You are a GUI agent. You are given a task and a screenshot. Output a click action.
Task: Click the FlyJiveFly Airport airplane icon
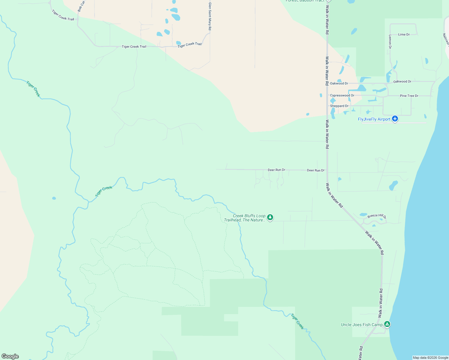[x=395, y=119]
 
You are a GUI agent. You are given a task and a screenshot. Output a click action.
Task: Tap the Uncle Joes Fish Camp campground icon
[x=387, y=324]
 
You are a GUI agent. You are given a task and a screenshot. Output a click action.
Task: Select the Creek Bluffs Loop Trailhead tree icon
[x=270, y=217]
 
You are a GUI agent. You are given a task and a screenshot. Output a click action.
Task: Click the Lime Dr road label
[x=404, y=34]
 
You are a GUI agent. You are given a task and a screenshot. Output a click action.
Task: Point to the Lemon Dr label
[x=390, y=41]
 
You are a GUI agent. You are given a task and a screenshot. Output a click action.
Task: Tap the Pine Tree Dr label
[x=409, y=96]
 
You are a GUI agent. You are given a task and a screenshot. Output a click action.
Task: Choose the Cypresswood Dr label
[x=342, y=95]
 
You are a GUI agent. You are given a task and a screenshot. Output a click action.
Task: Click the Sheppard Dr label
[x=339, y=106]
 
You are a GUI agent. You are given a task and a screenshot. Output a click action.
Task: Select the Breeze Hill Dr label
[x=377, y=216]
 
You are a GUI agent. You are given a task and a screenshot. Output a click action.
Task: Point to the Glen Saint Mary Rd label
[x=210, y=16]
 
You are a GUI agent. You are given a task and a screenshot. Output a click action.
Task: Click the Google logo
[x=10, y=356]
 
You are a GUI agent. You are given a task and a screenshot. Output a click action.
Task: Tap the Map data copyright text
[x=430, y=358]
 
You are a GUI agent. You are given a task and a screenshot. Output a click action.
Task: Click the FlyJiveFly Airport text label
[x=374, y=119]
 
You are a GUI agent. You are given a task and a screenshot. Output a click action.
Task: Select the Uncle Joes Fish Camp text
[x=362, y=325]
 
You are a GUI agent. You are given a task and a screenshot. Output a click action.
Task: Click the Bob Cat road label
[x=81, y=6]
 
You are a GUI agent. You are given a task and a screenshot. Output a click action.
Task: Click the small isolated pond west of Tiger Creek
[x=54, y=198]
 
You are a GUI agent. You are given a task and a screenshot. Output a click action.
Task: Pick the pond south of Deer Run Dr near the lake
[x=393, y=185]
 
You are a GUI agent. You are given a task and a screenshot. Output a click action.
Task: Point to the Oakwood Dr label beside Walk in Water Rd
[x=339, y=83]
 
